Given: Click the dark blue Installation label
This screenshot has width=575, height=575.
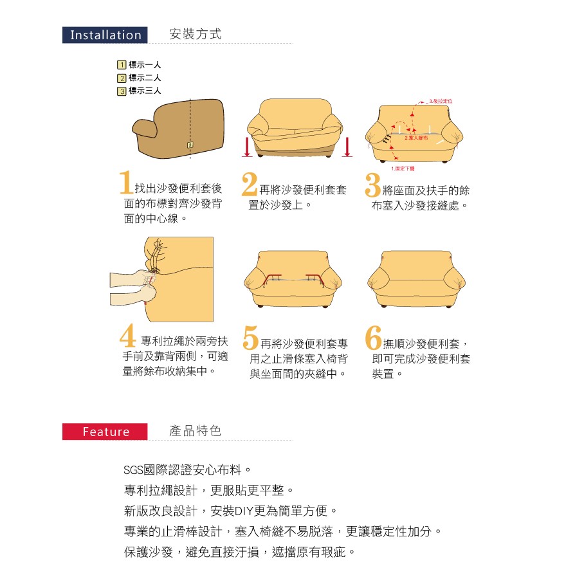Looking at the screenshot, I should click(x=105, y=35).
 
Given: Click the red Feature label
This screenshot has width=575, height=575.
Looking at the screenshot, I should click(x=105, y=432).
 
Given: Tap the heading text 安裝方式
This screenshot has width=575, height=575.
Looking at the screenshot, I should click(x=196, y=35).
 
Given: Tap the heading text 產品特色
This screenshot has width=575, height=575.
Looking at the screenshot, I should click(x=196, y=431).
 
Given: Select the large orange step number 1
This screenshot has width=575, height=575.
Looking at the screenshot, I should click(x=127, y=183).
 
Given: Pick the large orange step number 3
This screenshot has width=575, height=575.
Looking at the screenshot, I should click(x=372, y=184).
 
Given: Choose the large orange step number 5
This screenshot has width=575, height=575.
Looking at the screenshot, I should click(x=251, y=338).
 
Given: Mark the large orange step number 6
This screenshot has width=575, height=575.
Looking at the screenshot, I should click(x=373, y=338).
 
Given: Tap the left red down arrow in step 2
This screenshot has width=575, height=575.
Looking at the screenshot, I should click(x=247, y=147).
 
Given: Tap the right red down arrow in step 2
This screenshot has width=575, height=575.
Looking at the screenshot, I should click(x=347, y=147).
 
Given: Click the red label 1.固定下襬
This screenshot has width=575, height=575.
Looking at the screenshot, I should click(x=403, y=169).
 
